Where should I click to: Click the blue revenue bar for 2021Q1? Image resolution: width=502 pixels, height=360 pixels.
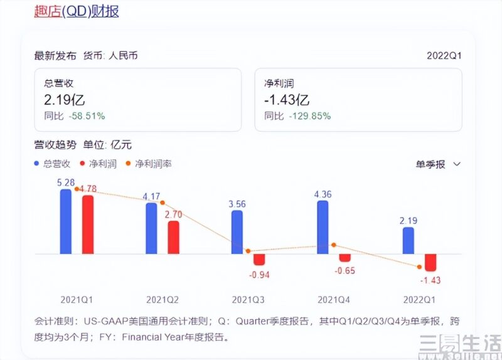(66, 221)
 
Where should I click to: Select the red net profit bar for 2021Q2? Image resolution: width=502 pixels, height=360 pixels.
(173, 237)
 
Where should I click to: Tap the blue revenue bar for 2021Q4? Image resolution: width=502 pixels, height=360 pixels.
(323, 227)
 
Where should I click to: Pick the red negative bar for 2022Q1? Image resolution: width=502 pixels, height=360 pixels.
(430, 262)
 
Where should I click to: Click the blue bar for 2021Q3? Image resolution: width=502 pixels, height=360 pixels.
(237, 232)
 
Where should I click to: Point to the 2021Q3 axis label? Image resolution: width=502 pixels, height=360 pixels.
(248, 299)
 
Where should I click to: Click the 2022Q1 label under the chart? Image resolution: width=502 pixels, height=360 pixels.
(419, 299)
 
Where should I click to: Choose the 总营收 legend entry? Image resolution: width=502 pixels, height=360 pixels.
(55, 164)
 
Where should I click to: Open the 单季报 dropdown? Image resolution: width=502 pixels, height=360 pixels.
(438, 164)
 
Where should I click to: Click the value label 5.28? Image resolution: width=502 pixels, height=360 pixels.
(66, 183)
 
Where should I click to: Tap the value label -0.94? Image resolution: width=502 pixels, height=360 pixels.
(259, 275)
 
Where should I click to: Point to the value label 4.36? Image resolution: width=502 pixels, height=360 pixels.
(323, 194)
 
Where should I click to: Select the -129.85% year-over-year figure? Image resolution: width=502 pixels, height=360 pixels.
(309, 116)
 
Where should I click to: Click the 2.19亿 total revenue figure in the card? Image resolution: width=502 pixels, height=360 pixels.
(65, 100)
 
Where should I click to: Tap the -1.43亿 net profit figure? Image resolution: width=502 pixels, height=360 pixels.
(287, 100)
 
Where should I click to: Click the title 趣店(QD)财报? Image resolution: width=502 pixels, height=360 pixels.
(76, 11)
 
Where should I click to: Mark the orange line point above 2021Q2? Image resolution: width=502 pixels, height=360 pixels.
(162, 202)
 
